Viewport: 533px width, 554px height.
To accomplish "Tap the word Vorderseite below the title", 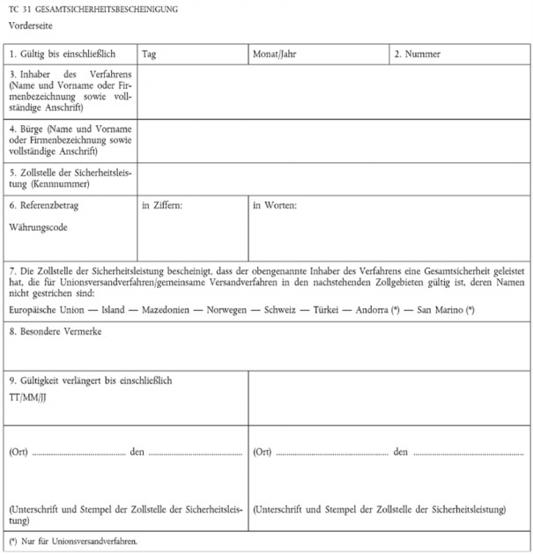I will (x=40, y=25).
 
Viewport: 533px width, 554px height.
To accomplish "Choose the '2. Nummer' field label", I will (x=418, y=55).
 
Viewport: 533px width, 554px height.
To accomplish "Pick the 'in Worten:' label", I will (x=275, y=205).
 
